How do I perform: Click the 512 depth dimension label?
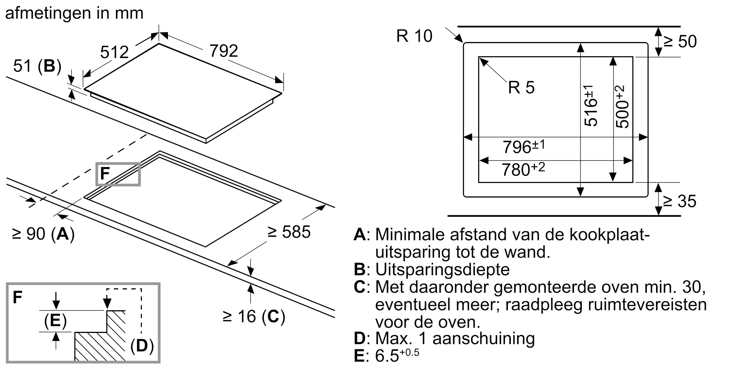(114, 52)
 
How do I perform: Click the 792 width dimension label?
(224, 51)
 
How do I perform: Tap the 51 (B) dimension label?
(37, 66)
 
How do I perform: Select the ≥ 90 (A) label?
(43, 234)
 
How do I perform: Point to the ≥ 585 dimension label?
(289, 232)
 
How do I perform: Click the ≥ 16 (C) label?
(254, 316)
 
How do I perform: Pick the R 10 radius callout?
(414, 36)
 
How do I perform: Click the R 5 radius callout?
(521, 87)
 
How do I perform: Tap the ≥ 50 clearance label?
(680, 41)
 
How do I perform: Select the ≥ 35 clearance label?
(680, 201)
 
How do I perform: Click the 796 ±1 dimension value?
(524, 147)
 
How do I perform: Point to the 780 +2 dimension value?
(523, 169)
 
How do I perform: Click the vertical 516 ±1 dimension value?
(591, 106)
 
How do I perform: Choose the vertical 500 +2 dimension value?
(623, 107)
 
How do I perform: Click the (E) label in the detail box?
(55, 321)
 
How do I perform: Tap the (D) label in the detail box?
(142, 346)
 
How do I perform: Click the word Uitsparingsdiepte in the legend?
(442, 269)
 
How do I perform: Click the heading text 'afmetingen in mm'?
(74, 13)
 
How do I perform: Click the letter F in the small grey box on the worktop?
(105, 174)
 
